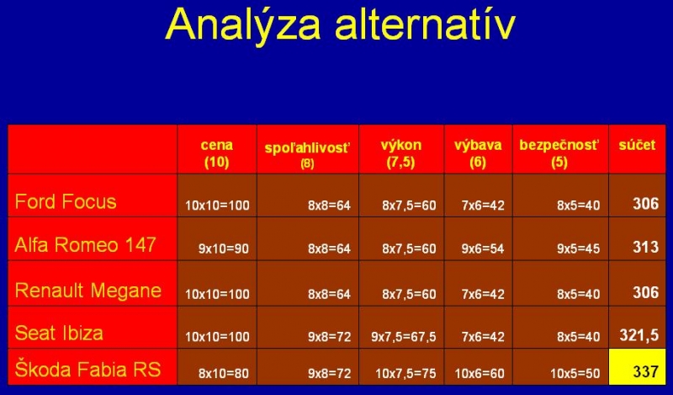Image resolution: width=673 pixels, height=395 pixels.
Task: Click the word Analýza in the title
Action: click(243, 24)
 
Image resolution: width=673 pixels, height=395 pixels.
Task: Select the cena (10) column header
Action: click(217, 153)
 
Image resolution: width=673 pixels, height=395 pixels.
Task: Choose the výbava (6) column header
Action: click(478, 153)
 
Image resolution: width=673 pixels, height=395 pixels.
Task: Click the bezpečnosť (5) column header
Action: click(559, 153)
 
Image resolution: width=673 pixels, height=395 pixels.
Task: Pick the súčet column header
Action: click(637, 145)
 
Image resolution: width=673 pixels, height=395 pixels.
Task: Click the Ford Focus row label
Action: click(66, 201)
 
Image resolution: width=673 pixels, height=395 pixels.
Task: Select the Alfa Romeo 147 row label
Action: click(85, 244)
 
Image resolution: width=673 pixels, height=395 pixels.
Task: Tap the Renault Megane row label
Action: click(88, 291)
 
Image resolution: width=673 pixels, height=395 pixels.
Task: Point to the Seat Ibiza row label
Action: click(59, 334)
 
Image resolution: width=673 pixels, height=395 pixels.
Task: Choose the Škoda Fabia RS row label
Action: click(87, 370)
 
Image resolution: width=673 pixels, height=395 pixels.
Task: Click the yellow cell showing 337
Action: click(638, 366)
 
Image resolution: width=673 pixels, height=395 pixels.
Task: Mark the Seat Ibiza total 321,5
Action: click(639, 335)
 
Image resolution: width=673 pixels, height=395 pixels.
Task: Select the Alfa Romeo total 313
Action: click(645, 247)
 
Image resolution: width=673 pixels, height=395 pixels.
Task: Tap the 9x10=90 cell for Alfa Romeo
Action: click(224, 248)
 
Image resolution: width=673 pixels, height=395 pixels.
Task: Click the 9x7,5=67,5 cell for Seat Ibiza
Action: click(404, 337)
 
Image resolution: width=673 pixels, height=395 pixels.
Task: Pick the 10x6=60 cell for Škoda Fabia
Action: click(480, 373)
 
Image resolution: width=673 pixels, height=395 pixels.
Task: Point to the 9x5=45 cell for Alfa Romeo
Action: click(578, 248)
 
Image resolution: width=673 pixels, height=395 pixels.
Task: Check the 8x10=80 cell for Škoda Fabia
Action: click(224, 373)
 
